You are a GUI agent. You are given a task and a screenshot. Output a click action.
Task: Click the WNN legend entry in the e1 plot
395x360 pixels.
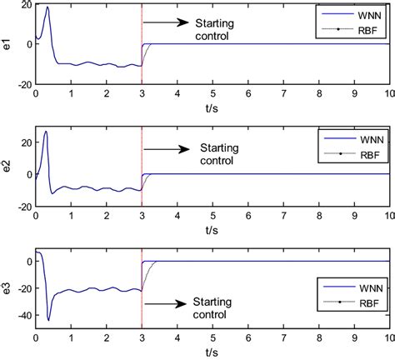(358, 14)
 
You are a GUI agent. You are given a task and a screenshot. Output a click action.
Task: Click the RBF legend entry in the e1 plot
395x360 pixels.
(358, 29)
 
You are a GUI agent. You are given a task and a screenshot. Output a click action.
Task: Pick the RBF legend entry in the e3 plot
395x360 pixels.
(358, 322)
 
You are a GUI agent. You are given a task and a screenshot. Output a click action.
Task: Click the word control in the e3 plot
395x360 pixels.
(212, 314)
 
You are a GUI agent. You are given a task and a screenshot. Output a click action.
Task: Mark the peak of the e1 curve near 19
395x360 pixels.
(47, 7)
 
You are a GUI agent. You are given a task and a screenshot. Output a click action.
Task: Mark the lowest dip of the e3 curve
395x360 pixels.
(48, 320)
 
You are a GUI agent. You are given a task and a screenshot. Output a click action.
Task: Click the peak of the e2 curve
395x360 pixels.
(46, 132)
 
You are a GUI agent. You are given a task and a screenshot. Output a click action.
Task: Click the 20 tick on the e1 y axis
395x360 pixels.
(25, 5)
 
